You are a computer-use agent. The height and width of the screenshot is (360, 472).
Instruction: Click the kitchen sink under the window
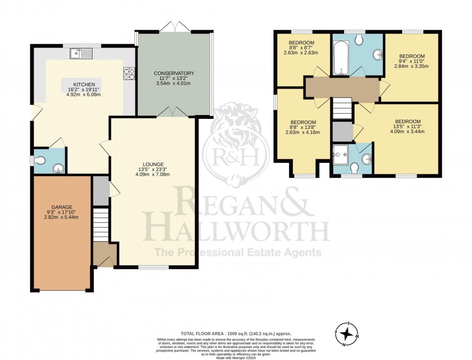[x=81, y=53]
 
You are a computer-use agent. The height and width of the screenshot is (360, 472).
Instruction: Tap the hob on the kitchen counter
[x=129, y=73]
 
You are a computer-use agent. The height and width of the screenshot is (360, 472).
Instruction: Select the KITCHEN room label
[x=81, y=85]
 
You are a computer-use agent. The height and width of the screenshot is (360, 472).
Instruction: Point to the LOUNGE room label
[x=153, y=164]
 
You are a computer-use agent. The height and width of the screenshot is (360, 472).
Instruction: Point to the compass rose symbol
[x=345, y=334]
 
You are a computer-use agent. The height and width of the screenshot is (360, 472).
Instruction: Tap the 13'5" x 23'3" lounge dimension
[x=153, y=169]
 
